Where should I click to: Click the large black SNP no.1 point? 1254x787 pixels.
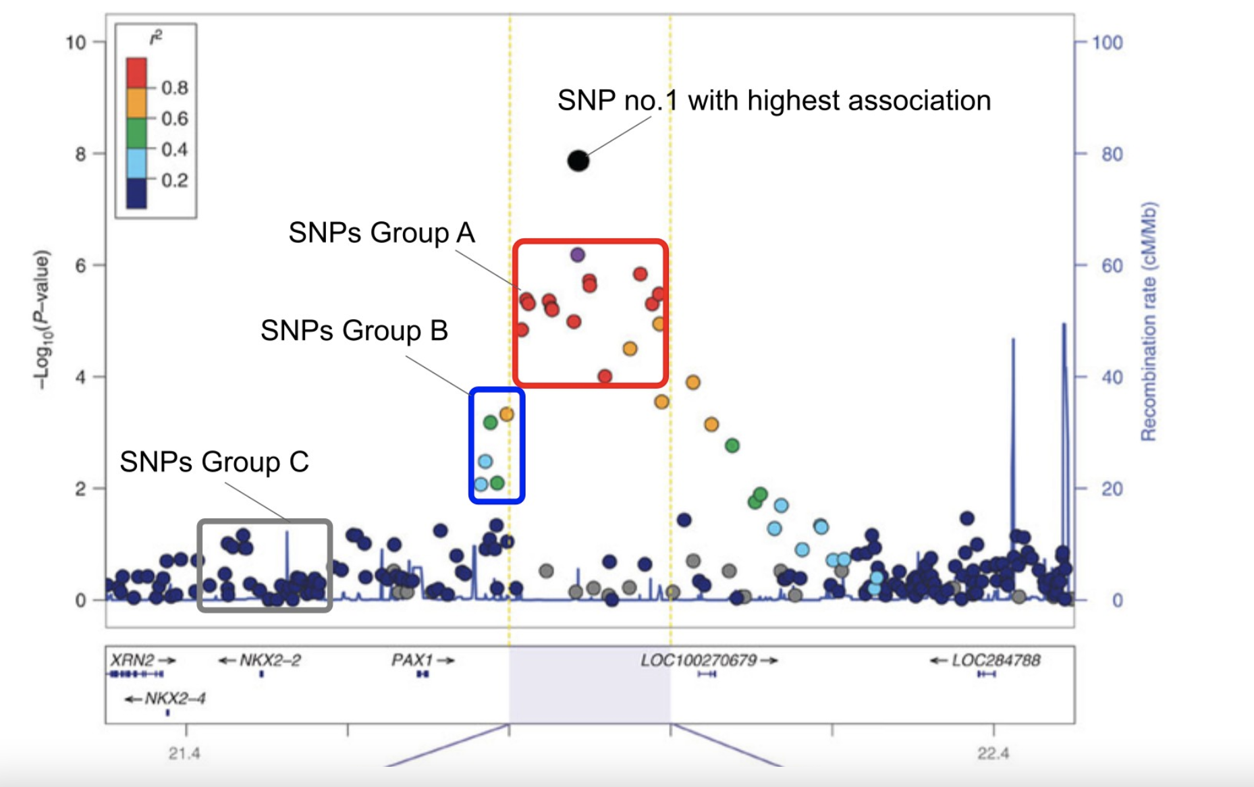(x=578, y=161)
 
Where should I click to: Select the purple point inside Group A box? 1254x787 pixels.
(x=577, y=254)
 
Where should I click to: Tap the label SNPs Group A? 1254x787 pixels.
(x=381, y=233)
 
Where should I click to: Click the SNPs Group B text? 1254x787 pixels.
(x=354, y=331)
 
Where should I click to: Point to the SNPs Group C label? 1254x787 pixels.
(x=214, y=462)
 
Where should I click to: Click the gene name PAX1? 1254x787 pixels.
(x=412, y=659)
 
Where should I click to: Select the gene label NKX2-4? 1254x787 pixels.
(x=175, y=698)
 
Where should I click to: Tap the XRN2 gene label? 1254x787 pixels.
(x=132, y=659)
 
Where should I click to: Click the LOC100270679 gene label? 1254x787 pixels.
(x=699, y=659)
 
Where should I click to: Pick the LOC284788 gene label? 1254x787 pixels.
(x=996, y=659)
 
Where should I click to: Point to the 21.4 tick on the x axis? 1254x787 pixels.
(x=184, y=753)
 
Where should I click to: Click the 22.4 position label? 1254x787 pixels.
(x=993, y=753)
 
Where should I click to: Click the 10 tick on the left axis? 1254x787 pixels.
(x=76, y=43)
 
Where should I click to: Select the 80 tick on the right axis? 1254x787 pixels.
(x=1112, y=155)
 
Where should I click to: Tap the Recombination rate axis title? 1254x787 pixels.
(x=1148, y=321)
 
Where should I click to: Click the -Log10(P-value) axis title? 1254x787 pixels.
(x=42, y=320)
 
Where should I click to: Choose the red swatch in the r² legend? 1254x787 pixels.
(x=136, y=72)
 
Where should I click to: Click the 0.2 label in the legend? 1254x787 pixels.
(x=174, y=180)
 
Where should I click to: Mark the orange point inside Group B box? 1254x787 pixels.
(x=506, y=414)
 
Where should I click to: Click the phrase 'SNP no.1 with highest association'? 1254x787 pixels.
(x=773, y=101)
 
